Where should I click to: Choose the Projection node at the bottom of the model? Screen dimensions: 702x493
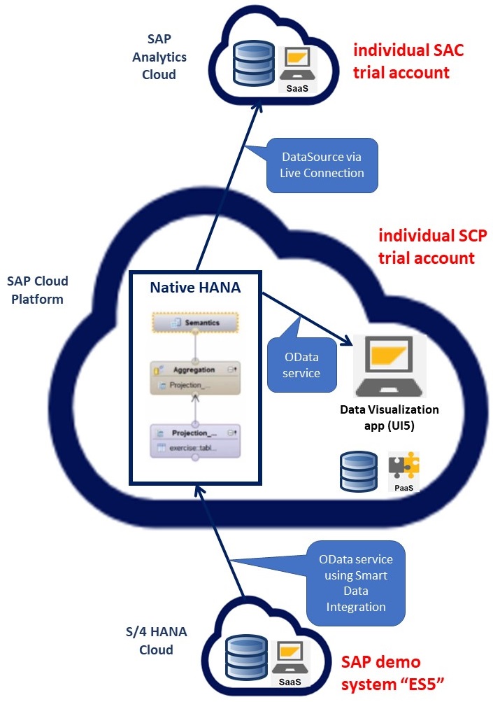click(x=195, y=440)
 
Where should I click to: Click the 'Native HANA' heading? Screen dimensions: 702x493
click(x=196, y=287)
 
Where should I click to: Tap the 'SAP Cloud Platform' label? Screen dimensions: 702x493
click(x=38, y=290)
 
